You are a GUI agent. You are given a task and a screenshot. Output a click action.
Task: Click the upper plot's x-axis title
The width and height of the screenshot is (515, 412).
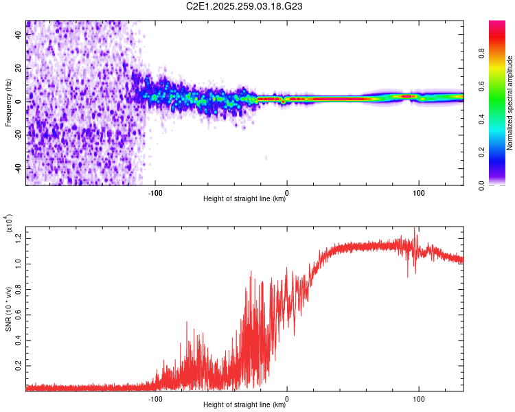[x=244, y=199]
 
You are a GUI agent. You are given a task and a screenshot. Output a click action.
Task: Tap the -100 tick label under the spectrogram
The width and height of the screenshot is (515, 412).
[x=155, y=192]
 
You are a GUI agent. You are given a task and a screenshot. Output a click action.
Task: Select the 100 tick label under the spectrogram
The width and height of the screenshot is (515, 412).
[x=418, y=192]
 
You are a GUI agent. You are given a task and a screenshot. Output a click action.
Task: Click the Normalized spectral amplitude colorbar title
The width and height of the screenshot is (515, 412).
[x=510, y=103]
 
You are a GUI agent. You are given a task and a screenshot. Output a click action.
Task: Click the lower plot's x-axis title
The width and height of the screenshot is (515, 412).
[x=244, y=405]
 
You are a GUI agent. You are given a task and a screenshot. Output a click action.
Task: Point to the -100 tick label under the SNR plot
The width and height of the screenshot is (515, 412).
[x=155, y=398]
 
